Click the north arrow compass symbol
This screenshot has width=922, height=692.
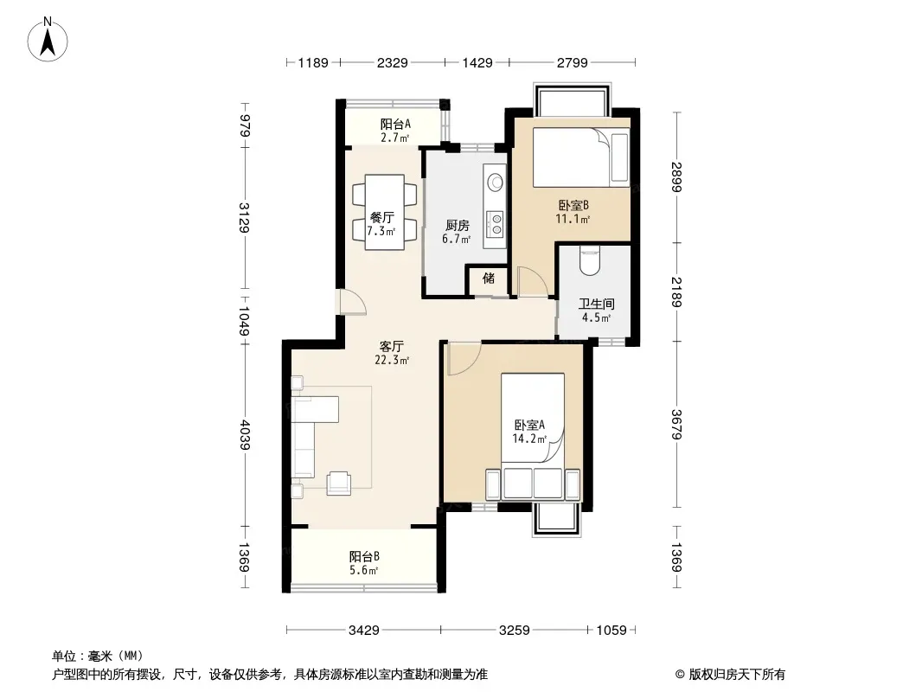[x=48, y=40]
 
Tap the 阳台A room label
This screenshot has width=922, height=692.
[x=395, y=124]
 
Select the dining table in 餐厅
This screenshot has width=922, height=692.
[x=384, y=212]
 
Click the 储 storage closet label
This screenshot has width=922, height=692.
[x=489, y=278]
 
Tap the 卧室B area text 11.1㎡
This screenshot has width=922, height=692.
[x=573, y=220]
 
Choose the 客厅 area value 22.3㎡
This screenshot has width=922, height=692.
[x=392, y=361]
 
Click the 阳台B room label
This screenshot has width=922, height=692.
[x=364, y=556]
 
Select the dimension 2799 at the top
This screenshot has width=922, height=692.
[x=572, y=62]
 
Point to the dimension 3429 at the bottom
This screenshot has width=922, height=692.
[x=364, y=631]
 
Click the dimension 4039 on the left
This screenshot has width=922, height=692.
[x=245, y=435]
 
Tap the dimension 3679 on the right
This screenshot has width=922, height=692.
[x=676, y=425]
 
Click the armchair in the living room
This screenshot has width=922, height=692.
[x=339, y=483]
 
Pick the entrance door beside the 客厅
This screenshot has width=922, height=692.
[x=351, y=302]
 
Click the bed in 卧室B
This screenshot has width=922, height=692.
[x=581, y=157]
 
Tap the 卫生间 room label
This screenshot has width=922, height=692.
[x=596, y=304]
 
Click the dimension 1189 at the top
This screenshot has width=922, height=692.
[x=313, y=62]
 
